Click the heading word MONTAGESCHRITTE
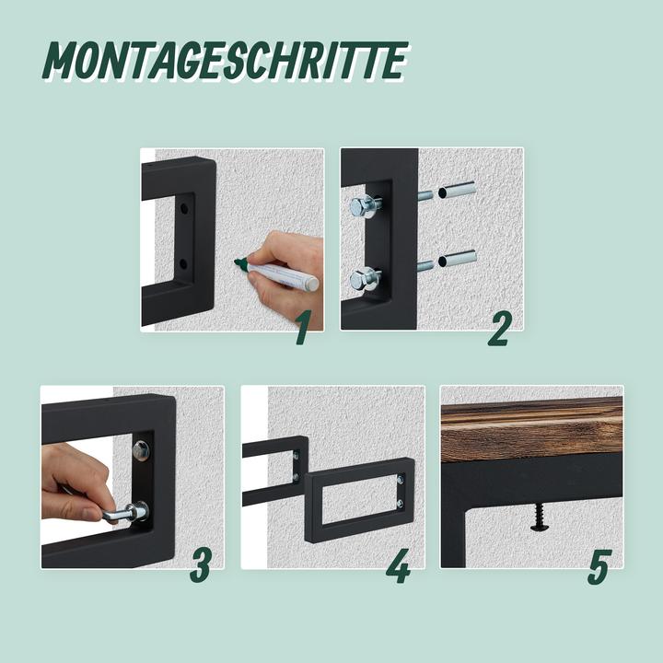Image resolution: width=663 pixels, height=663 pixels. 226,61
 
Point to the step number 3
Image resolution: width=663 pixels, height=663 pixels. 201,566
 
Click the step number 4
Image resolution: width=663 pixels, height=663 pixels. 398,566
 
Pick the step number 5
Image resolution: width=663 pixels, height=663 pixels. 599,566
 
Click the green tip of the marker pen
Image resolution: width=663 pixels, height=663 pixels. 240,264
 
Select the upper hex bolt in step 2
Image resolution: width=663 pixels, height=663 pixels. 361,206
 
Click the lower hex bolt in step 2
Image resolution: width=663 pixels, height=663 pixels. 363,276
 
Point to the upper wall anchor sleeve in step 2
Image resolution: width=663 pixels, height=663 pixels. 457,191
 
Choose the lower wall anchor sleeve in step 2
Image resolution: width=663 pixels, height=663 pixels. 458,259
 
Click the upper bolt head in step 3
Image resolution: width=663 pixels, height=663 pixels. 141,450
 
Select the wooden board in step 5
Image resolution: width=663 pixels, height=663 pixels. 531,429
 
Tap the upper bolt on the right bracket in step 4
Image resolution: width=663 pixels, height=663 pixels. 401,479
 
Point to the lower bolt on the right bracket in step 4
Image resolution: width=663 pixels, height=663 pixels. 401,504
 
